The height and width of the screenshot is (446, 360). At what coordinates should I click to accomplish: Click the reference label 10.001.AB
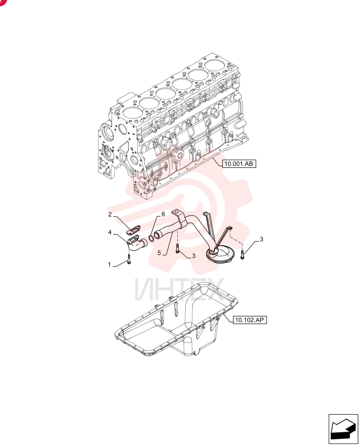(x=239, y=164)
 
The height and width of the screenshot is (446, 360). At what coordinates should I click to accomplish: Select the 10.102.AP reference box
(x=250, y=320)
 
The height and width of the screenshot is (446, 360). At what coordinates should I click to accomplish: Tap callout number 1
(x=110, y=264)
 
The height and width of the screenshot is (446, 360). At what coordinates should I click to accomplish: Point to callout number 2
(x=110, y=214)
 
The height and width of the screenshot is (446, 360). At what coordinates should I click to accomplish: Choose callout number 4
(x=110, y=232)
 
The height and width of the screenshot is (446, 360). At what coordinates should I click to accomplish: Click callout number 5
(x=159, y=252)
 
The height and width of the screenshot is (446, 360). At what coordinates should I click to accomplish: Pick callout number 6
(x=163, y=214)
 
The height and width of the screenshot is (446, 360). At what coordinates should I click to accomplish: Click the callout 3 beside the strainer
(x=262, y=239)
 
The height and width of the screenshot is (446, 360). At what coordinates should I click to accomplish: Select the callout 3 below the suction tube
(x=193, y=256)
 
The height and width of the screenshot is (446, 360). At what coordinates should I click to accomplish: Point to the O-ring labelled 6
(x=151, y=238)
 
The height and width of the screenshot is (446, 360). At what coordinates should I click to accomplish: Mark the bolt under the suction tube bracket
(x=178, y=248)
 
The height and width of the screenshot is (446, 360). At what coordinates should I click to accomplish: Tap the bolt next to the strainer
(x=242, y=253)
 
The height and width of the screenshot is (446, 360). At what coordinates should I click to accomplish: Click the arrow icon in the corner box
(x=343, y=429)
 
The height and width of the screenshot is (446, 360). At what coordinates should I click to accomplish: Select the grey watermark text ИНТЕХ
(x=180, y=289)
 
